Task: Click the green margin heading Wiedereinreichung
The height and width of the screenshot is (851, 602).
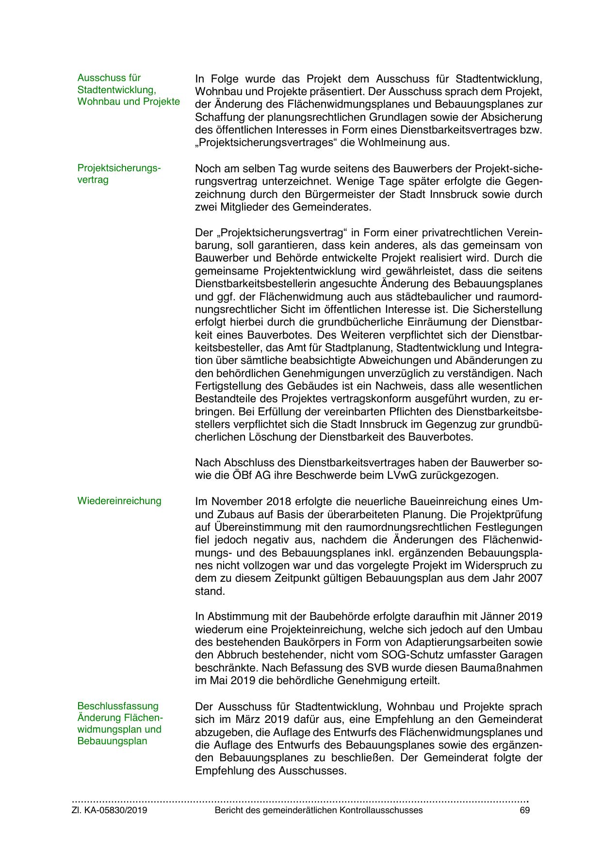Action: click(x=119, y=501)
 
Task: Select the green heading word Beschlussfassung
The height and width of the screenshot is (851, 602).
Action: click(x=118, y=706)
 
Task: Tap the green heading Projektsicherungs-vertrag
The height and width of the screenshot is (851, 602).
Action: click(x=119, y=174)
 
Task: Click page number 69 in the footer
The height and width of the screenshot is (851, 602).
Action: click(x=524, y=810)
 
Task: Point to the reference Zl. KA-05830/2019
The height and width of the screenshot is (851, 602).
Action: click(x=110, y=810)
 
